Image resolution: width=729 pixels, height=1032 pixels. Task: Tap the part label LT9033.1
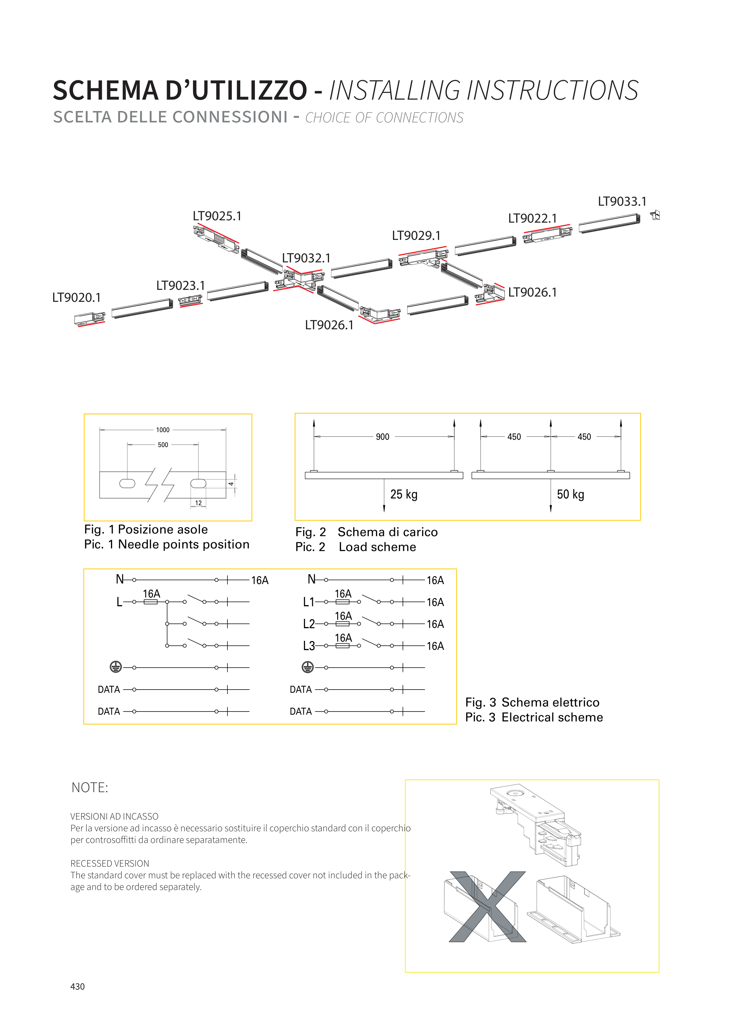622,201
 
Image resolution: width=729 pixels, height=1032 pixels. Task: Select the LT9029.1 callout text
416,236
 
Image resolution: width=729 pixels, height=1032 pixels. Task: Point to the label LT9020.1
76,297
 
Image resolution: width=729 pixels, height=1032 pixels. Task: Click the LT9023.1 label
180,285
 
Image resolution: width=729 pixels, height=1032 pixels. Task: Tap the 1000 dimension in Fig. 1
163,430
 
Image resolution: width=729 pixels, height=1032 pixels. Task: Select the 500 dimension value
163,445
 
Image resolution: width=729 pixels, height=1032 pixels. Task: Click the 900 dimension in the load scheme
383,437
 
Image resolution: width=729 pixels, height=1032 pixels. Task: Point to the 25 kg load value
404,494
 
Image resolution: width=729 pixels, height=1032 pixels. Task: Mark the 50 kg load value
570,494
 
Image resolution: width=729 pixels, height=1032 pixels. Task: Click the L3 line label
309,646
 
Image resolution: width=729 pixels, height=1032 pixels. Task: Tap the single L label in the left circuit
119,602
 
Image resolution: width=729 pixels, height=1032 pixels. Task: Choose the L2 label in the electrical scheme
309,624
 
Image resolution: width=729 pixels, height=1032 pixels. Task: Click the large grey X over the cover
488,907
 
